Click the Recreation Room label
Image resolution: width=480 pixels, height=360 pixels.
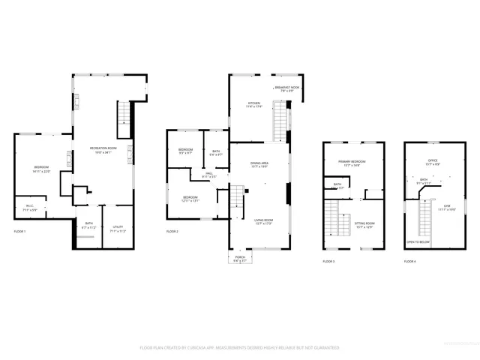tap(103, 148)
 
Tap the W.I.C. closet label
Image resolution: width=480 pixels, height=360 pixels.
tap(29, 207)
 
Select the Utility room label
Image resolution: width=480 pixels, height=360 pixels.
tap(118, 226)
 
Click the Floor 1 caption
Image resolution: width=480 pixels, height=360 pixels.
tap(19, 231)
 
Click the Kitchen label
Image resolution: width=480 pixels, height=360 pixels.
tap(255, 105)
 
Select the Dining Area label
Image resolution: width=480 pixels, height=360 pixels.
tap(259, 163)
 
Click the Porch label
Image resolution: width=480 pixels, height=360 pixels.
tap(240, 258)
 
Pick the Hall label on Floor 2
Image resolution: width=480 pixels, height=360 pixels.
tap(210, 175)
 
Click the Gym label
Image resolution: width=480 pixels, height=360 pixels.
tap(447, 205)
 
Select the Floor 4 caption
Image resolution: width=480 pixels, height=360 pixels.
tap(409, 261)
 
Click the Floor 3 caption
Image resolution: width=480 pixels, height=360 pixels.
tap(328, 261)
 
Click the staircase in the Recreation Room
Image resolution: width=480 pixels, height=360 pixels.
tap(124, 115)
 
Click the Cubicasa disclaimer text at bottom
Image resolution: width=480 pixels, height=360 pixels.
tap(240, 348)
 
